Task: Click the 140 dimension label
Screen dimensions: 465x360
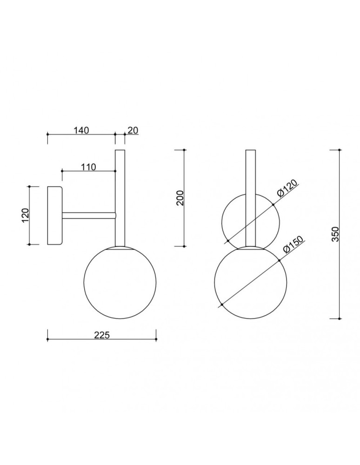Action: (81, 131)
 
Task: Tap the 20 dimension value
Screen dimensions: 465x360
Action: (133, 131)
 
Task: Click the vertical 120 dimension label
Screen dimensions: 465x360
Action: (26, 215)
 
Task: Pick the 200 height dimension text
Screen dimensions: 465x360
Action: (181, 198)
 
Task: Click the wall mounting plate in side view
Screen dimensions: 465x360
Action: (54, 216)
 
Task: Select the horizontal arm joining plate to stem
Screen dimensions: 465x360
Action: (88, 216)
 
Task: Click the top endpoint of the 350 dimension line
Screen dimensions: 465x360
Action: (340, 150)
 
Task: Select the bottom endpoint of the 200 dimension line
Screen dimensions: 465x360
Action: (185, 246)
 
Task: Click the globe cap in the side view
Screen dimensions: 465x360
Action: (120, 248)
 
